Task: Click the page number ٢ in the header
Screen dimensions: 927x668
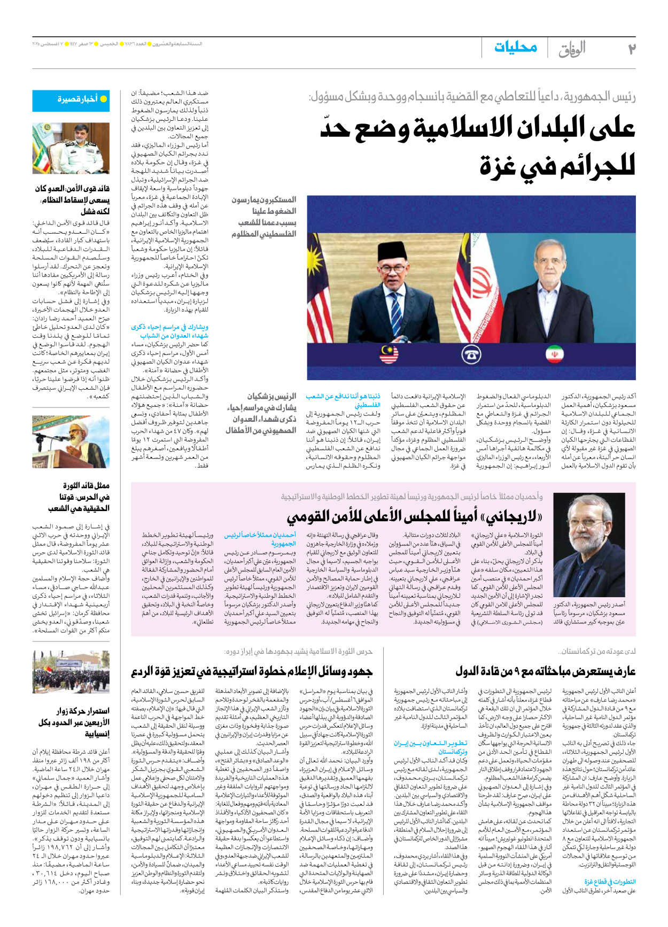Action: click(x=631, y=49)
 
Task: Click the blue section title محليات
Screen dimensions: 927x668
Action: click(x=515, y=48)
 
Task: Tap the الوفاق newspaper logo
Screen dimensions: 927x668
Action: click(x=572, y=49)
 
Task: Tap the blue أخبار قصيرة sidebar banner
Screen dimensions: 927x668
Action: click(x=71, y=100)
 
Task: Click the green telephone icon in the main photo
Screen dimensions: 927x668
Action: click(x=471, y=354)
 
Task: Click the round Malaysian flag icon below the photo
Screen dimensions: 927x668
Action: click(x=389, y=354)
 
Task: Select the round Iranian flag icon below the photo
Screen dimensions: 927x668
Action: click(x=554, y=354)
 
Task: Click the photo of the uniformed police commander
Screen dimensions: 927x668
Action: click(x=71, y=148)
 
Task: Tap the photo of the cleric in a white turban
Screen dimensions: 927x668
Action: click(x=71, y=442)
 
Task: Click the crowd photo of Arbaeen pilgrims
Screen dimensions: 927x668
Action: click(x=71, y=672)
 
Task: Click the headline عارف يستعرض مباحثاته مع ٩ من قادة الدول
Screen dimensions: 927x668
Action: click(x=545, y=671)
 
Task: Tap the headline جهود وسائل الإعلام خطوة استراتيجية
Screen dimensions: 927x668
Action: click(x=252, y=671)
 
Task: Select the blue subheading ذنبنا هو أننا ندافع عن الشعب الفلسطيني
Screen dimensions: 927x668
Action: click(x=343, y=400)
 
